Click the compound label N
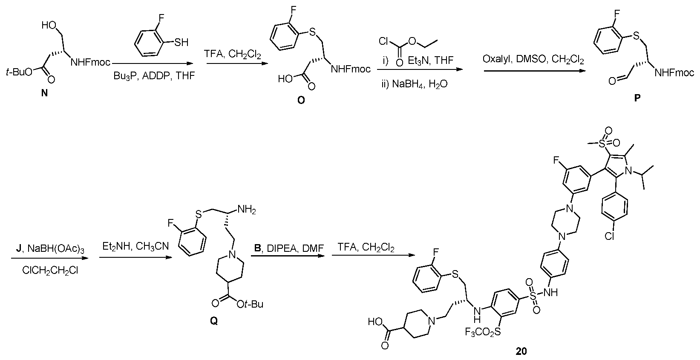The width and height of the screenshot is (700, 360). tap(44, 93)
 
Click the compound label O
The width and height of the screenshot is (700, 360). tap(301, 100)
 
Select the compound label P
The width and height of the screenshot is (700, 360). tap(637, 98)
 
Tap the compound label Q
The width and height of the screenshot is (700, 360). tap(214, 321)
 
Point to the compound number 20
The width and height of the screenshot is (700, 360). tap(521, 351)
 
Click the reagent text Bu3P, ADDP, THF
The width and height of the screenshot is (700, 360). tap(154, 76)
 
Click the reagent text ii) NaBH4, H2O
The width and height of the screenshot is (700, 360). tap(415, 84)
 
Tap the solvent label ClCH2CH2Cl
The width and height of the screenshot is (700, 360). tap(50, 271)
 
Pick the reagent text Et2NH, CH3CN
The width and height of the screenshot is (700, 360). tap(135, 247)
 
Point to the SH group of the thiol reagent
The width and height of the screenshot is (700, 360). tap(181, 43)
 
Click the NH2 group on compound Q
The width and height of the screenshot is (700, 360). tap(247, 209)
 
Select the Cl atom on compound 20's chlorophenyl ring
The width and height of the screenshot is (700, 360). tap(609, 236)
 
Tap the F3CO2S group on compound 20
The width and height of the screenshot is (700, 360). tap(482, 331)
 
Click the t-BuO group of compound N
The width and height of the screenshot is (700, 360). tap(19, 72)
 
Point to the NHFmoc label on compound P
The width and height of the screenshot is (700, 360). tap(674, 73)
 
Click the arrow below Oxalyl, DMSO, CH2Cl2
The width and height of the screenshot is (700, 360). tap(535, 71)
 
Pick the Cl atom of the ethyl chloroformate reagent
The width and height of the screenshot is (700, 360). tap(383, 41)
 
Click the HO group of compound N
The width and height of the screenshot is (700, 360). tap(49, 25)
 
